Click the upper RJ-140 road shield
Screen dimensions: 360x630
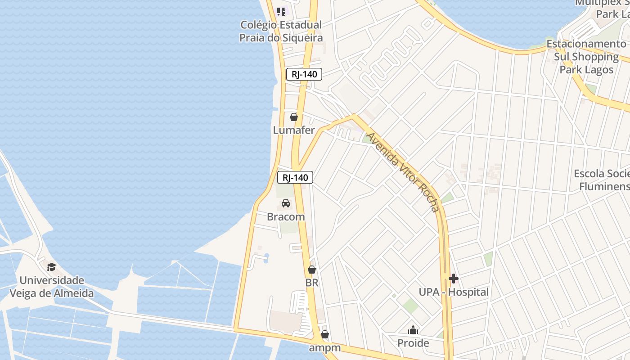click(304, 75)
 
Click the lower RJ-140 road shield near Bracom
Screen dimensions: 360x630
click(295, 177)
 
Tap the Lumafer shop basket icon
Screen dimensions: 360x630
click(294, 117)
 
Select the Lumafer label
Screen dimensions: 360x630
click(294, 130)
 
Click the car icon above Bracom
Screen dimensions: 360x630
click(286, 203)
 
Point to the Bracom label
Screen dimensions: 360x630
click(286, 216)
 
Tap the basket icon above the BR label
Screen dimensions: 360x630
click(312, 270)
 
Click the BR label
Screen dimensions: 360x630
click(312, 283)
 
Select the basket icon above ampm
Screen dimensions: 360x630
click(324, 335)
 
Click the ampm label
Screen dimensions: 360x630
click(324, 348)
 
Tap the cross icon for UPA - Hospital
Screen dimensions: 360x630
click(454, 279)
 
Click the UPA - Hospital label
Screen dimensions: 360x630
click(454, 292)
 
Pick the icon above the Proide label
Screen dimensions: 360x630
click(413, 330)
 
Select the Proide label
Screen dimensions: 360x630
click(413, 343)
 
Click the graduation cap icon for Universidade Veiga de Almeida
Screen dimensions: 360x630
click(52, 267)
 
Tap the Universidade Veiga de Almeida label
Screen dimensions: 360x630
click(52, 287)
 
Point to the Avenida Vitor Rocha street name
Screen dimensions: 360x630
click(402, 172)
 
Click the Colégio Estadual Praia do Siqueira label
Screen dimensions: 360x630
click(281, 31)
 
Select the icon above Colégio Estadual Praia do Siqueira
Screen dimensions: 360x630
click(281, 12)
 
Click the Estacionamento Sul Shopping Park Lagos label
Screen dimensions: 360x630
click(586, 57)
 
